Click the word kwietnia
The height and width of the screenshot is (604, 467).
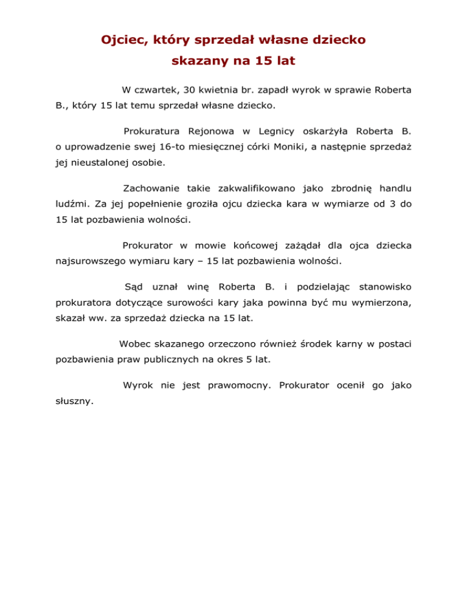pos(220,90)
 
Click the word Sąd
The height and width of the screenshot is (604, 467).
pos(132,286)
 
